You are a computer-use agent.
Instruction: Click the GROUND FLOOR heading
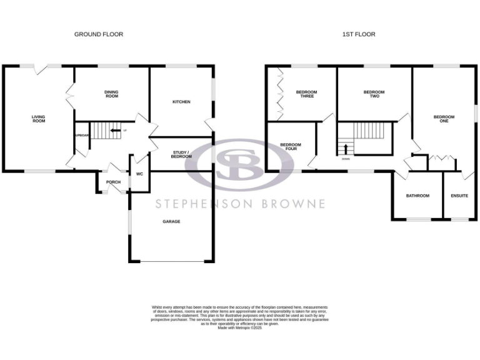pyautogui.click(x=99, y=34)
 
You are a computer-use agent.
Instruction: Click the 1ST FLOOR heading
pyautogui.click(x=359, y=34)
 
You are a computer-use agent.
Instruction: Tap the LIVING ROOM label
pyautogui.click(x=39, y=119)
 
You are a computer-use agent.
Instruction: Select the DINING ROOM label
pyautogui.click(x=111, y=94)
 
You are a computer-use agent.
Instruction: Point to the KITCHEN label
pyautogui.click(x=181, y=102)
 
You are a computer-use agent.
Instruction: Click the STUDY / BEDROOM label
pyautogui.click(x=181, y=154)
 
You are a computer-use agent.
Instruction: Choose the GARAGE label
pyautogui.click(x=171, y=221)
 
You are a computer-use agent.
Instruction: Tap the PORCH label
pyautogui.click(x=113, y=182)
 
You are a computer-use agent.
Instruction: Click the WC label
pyautogui.click(x=139, y=174)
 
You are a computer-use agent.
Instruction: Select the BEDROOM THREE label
pyautogui.click(x=306, y=94)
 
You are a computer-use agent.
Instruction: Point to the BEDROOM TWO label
pyautogui.click(x=374, y=94)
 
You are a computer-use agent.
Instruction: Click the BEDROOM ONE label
pyautogui.click(x=444, y=119)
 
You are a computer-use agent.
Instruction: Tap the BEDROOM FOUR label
pyautogui.click(x=291, y=147)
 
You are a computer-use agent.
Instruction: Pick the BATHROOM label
pyautogui.click(x=417, y=196)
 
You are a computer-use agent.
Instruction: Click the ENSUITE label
pyautogui.click(x=459, y=196)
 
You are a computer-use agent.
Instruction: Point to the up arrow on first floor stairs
pyautogui.click(x=343, y=149)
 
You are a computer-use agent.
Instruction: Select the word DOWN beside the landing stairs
pyautogui.click(x=346, y=159)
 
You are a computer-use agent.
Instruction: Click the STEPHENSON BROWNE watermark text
pyautogui.click(x=240, y=204)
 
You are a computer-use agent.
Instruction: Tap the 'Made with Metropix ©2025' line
pyautogui.click(x=239, y=328)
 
